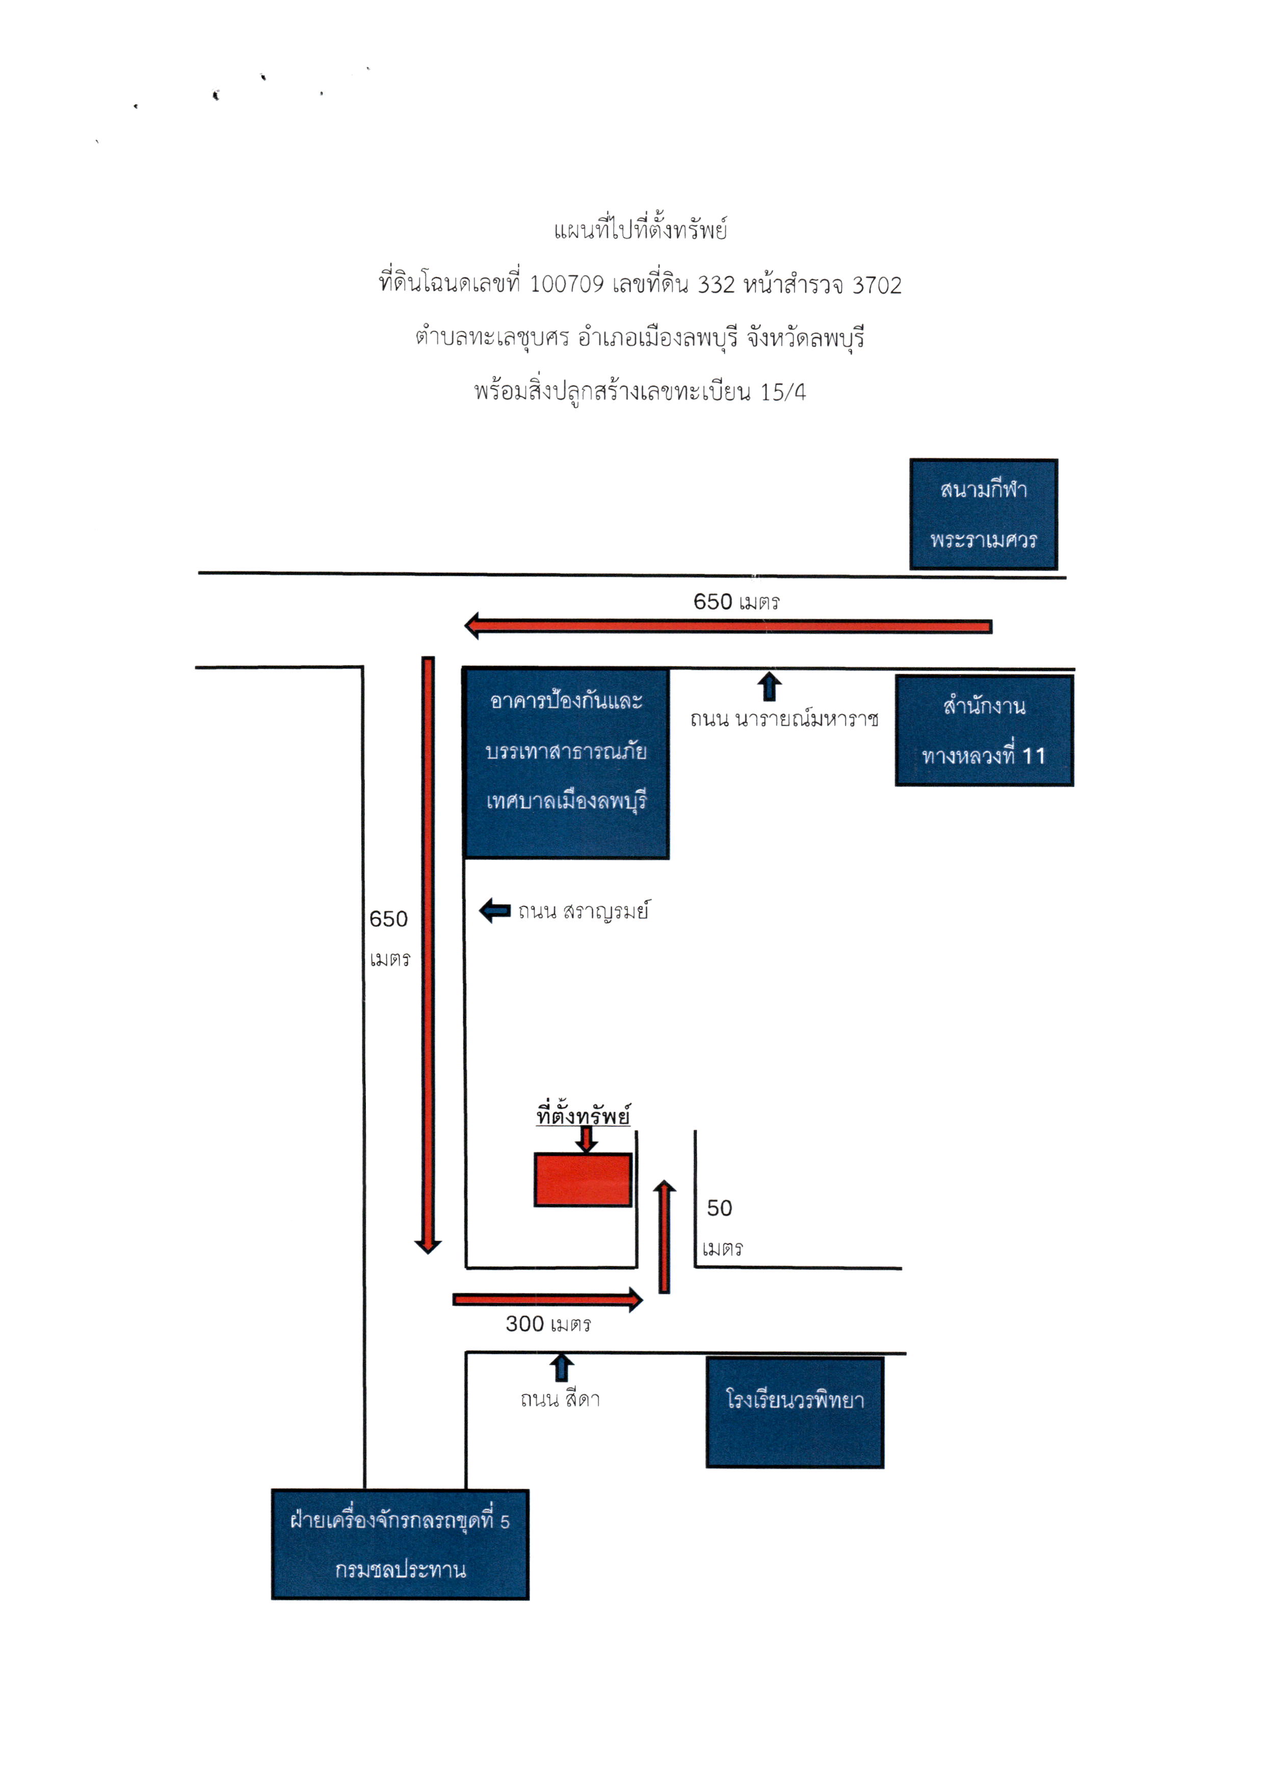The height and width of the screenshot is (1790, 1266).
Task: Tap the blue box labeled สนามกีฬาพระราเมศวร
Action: (x=983, y=514)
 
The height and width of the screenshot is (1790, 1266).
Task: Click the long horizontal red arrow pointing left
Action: (x=728, y=626)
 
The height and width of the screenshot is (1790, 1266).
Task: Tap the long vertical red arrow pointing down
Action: (x=428, y=955)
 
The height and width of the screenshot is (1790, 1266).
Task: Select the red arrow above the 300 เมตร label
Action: (x=548, y=1299)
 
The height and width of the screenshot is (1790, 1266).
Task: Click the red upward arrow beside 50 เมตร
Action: (x=664, y=1237)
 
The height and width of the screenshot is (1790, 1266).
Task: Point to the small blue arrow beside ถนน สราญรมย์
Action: (x=495, y=910)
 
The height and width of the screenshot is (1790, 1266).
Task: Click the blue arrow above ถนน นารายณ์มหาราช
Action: (x=770, y=686)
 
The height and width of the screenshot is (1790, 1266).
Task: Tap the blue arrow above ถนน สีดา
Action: (x=561, y=1368)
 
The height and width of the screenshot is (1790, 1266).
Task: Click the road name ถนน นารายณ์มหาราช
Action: (x=784, y=719)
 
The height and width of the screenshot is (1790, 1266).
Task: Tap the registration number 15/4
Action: (x=783, y=392)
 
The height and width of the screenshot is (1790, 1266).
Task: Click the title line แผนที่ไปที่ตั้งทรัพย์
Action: (x=641, y=230)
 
